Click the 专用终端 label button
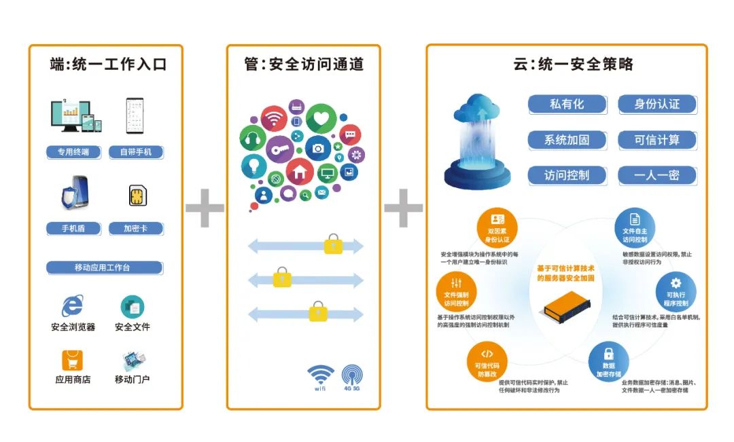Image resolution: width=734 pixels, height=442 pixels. point(73,152)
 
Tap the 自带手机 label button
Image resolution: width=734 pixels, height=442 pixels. point(136,152)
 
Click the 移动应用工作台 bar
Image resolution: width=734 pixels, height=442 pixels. point(104,268)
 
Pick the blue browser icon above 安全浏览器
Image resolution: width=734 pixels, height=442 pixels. point(72,306)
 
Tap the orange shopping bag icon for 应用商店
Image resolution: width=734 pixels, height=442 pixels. point(73,360)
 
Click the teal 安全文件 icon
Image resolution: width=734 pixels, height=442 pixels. point(133,307)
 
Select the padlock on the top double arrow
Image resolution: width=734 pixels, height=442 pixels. point(333,244)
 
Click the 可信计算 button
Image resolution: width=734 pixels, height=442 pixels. point(657,140)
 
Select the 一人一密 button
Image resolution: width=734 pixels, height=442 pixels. point(657,175)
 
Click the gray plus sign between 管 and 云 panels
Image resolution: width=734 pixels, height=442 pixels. point(403,208)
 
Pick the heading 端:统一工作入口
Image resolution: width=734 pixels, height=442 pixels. point(108,65)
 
